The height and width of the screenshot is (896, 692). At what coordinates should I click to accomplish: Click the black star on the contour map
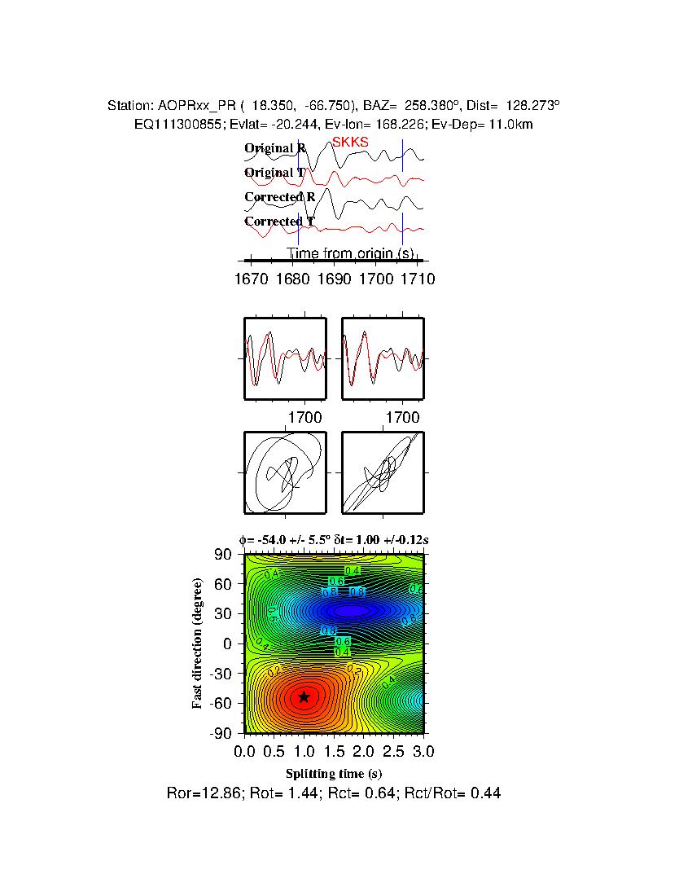tap(304, 696)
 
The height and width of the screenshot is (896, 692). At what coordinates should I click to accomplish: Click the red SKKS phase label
tap(350, 142)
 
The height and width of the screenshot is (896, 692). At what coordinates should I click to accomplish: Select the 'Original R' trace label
tap(275, 148)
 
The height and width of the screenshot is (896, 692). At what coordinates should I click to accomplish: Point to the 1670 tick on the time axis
tap(251, 279)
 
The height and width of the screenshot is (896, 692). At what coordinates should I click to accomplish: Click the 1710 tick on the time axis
tap(418, 279)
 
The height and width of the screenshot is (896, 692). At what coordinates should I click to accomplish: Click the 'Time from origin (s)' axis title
tap(349, 253)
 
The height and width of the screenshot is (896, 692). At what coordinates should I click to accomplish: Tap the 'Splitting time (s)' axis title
tap(334, 773)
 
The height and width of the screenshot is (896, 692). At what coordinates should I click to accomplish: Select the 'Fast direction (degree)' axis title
tap(198, 643)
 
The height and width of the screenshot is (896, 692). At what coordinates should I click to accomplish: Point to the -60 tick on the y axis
tap(221, 704)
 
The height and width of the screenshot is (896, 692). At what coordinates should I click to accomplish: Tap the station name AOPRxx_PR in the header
tap(195, 106)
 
